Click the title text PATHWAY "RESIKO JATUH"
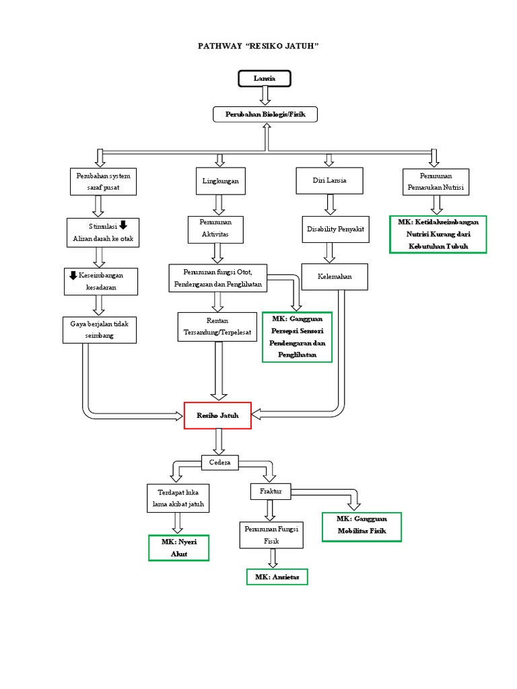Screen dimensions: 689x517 (x=258, y=46)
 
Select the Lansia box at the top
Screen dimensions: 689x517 (x=265, y=79)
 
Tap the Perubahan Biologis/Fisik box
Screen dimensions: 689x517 (x=265, y=115)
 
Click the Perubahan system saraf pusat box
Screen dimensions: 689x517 (x=103, y=182)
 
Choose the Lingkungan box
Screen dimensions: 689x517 (x=220, y=182)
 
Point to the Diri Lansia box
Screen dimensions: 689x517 (x=329, y=181)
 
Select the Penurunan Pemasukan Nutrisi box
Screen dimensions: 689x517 (x=436, y=182)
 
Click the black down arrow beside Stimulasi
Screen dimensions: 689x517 (x=123, y=225)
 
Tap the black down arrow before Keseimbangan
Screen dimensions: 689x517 (x=73, y=275)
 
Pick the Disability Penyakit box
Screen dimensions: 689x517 (x=335, y=229)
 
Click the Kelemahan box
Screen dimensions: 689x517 (x=335, y=277)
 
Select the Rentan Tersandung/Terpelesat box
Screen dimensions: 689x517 (x=217, y=326)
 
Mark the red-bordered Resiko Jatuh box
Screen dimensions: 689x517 (x=217, y=416)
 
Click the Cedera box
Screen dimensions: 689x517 (x=220, y=462)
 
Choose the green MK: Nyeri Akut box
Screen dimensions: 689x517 (x=178, y=548)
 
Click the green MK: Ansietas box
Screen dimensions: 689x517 (x=277, y=577)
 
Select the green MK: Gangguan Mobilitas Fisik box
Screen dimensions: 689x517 (x=361, y=526)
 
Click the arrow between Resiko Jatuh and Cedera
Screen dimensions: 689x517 (x=219, y=441)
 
